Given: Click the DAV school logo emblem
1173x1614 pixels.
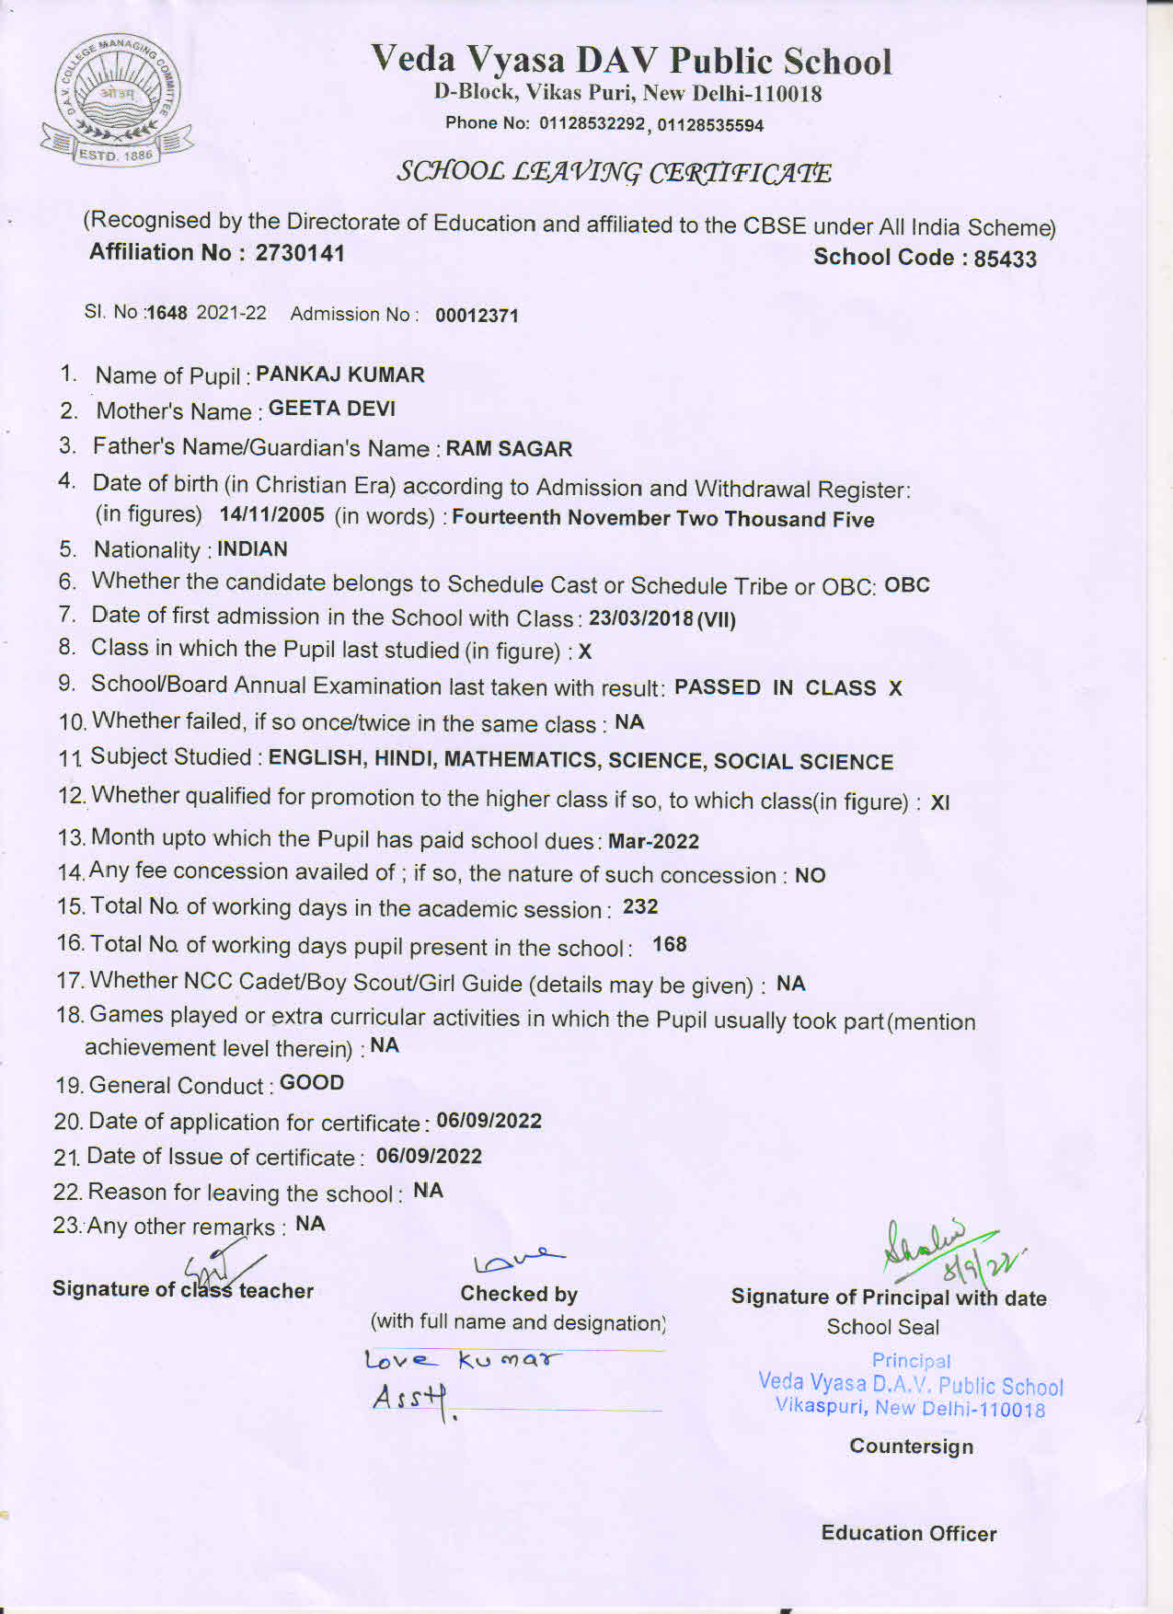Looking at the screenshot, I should click(116, 102).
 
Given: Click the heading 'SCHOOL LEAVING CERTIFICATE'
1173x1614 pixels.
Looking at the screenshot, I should click(614, 173).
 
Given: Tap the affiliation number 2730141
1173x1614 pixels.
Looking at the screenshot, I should click(300, 253).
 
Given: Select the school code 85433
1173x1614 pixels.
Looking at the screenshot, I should click(1005, 259).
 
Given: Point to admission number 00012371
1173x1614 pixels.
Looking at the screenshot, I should click(477, 316).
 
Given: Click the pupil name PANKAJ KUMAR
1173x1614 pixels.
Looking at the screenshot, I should click(339, 375).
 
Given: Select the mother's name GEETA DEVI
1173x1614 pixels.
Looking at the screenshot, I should click(331, 409).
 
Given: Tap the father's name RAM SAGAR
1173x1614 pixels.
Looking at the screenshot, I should click(509, 449).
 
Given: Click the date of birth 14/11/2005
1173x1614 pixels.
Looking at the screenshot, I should click(271, 514).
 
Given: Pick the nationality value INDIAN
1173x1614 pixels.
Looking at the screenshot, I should click(252, 549).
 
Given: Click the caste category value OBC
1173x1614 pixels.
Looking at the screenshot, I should click(906, 585).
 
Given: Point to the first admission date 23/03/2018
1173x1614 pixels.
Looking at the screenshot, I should click(641, 618).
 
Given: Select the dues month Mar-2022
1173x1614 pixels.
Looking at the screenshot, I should click(653, 841).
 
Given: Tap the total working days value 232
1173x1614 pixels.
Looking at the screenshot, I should click(639, 907).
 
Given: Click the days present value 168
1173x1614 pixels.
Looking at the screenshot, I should click(669, 945).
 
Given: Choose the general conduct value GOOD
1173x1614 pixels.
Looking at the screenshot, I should click(312, 1083).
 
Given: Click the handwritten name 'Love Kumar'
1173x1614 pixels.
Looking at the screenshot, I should click(462, 1359).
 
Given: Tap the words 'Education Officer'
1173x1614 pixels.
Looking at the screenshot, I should click(908, 1533).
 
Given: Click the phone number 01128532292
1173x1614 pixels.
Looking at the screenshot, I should click(592, 123).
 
